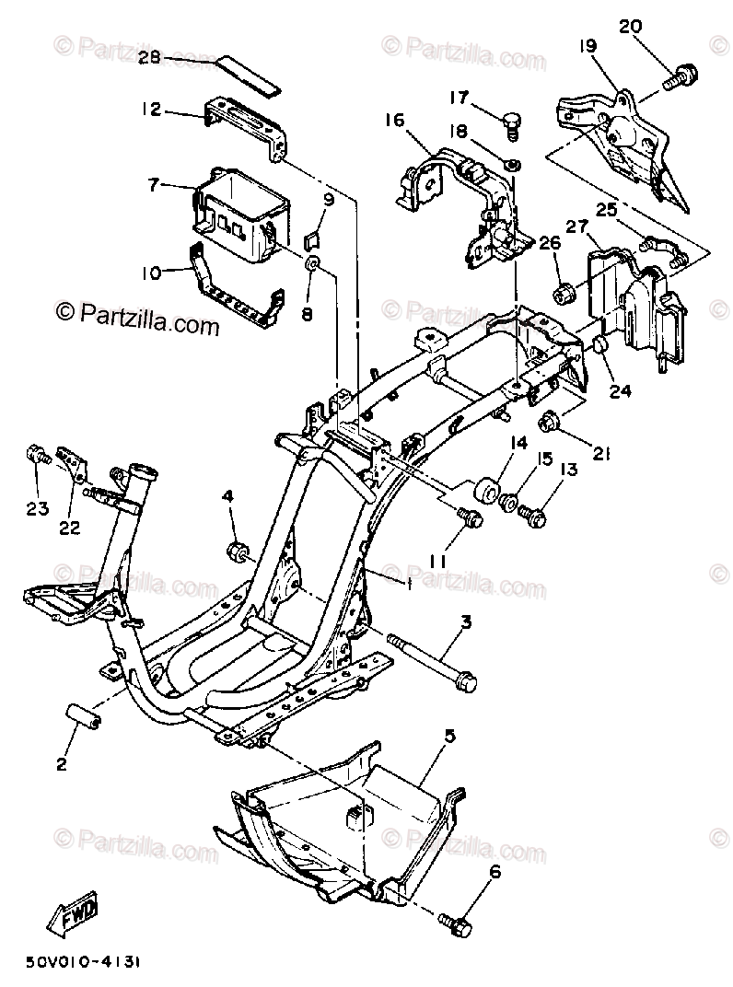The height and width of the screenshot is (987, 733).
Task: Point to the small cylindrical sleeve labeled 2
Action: pyautogui.click(x=79, y=714)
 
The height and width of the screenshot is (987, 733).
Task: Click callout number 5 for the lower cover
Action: pyautogui.click(x=450, y=735)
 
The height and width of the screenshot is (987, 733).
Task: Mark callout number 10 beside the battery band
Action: pyautogui.click(x=150, y=273)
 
